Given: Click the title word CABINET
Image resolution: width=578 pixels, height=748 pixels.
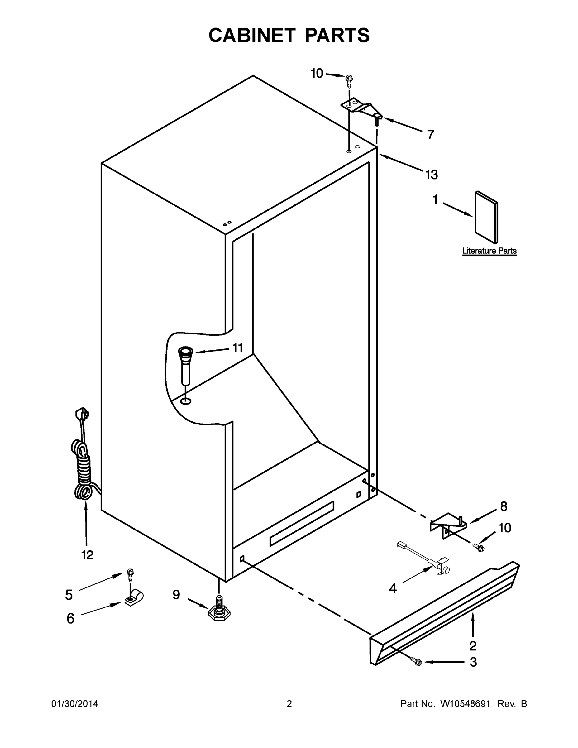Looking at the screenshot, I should point(252,35).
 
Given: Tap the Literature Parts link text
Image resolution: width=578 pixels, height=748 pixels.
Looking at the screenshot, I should point(489,251).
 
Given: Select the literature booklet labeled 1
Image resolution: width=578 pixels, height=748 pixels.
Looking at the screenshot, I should point(486,218).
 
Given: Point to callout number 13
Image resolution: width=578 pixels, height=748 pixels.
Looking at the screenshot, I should point(432,175).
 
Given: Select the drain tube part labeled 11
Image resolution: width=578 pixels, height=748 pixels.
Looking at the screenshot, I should point(185,364).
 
